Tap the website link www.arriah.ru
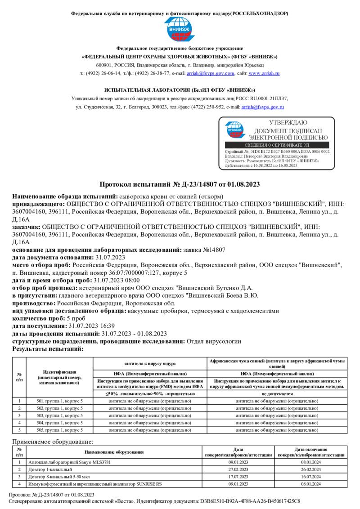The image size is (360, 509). coord(264,73)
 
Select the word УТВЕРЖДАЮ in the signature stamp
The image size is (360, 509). coord(288,123)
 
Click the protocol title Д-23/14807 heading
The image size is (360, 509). coord(180,184)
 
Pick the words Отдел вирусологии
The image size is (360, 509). coord(214,341)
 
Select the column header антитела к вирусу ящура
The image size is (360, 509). coord(150,363)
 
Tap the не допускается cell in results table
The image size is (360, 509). coord(277,393)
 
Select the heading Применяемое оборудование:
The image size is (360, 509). coord(53,442)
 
